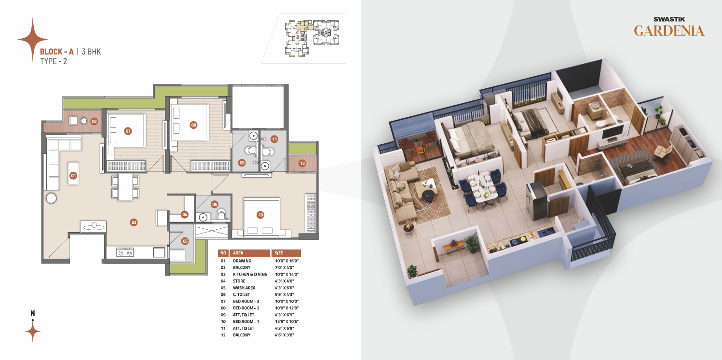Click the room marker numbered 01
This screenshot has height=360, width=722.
[x=73, y=176]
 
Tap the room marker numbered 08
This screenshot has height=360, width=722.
[x=193, y=125]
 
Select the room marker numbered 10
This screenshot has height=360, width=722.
[x=260, y=215]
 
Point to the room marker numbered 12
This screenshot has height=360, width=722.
[x=302, y=163]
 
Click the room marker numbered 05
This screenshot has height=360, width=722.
[x=185, y=241]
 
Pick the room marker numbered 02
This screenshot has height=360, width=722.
[x=94, y=121]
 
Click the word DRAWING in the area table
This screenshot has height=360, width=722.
[x=242, y=261]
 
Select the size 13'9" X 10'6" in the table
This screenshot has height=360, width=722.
[x=287, y=321]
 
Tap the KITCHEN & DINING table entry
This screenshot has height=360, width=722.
[x=250, y=274]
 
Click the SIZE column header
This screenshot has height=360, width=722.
[x=279, y=253]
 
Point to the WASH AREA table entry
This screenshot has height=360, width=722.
[x=244, y=288]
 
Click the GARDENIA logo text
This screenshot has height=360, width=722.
[x=669, y=31]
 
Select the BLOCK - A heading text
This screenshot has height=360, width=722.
[x=57, y=52]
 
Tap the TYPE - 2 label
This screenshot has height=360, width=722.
[x=54, y=61]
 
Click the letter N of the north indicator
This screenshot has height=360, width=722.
[x=32, y=313]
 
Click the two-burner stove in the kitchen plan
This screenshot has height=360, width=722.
[x=125, y=252]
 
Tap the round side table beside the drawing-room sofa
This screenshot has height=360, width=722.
[x=51, y=198]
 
